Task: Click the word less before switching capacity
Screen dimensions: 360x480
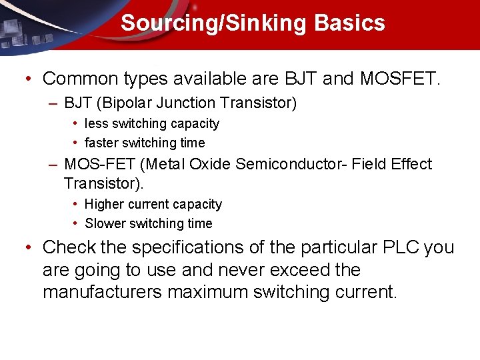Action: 97,124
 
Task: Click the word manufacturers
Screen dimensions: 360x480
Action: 103,292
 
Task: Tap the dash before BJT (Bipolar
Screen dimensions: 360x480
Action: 53,103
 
